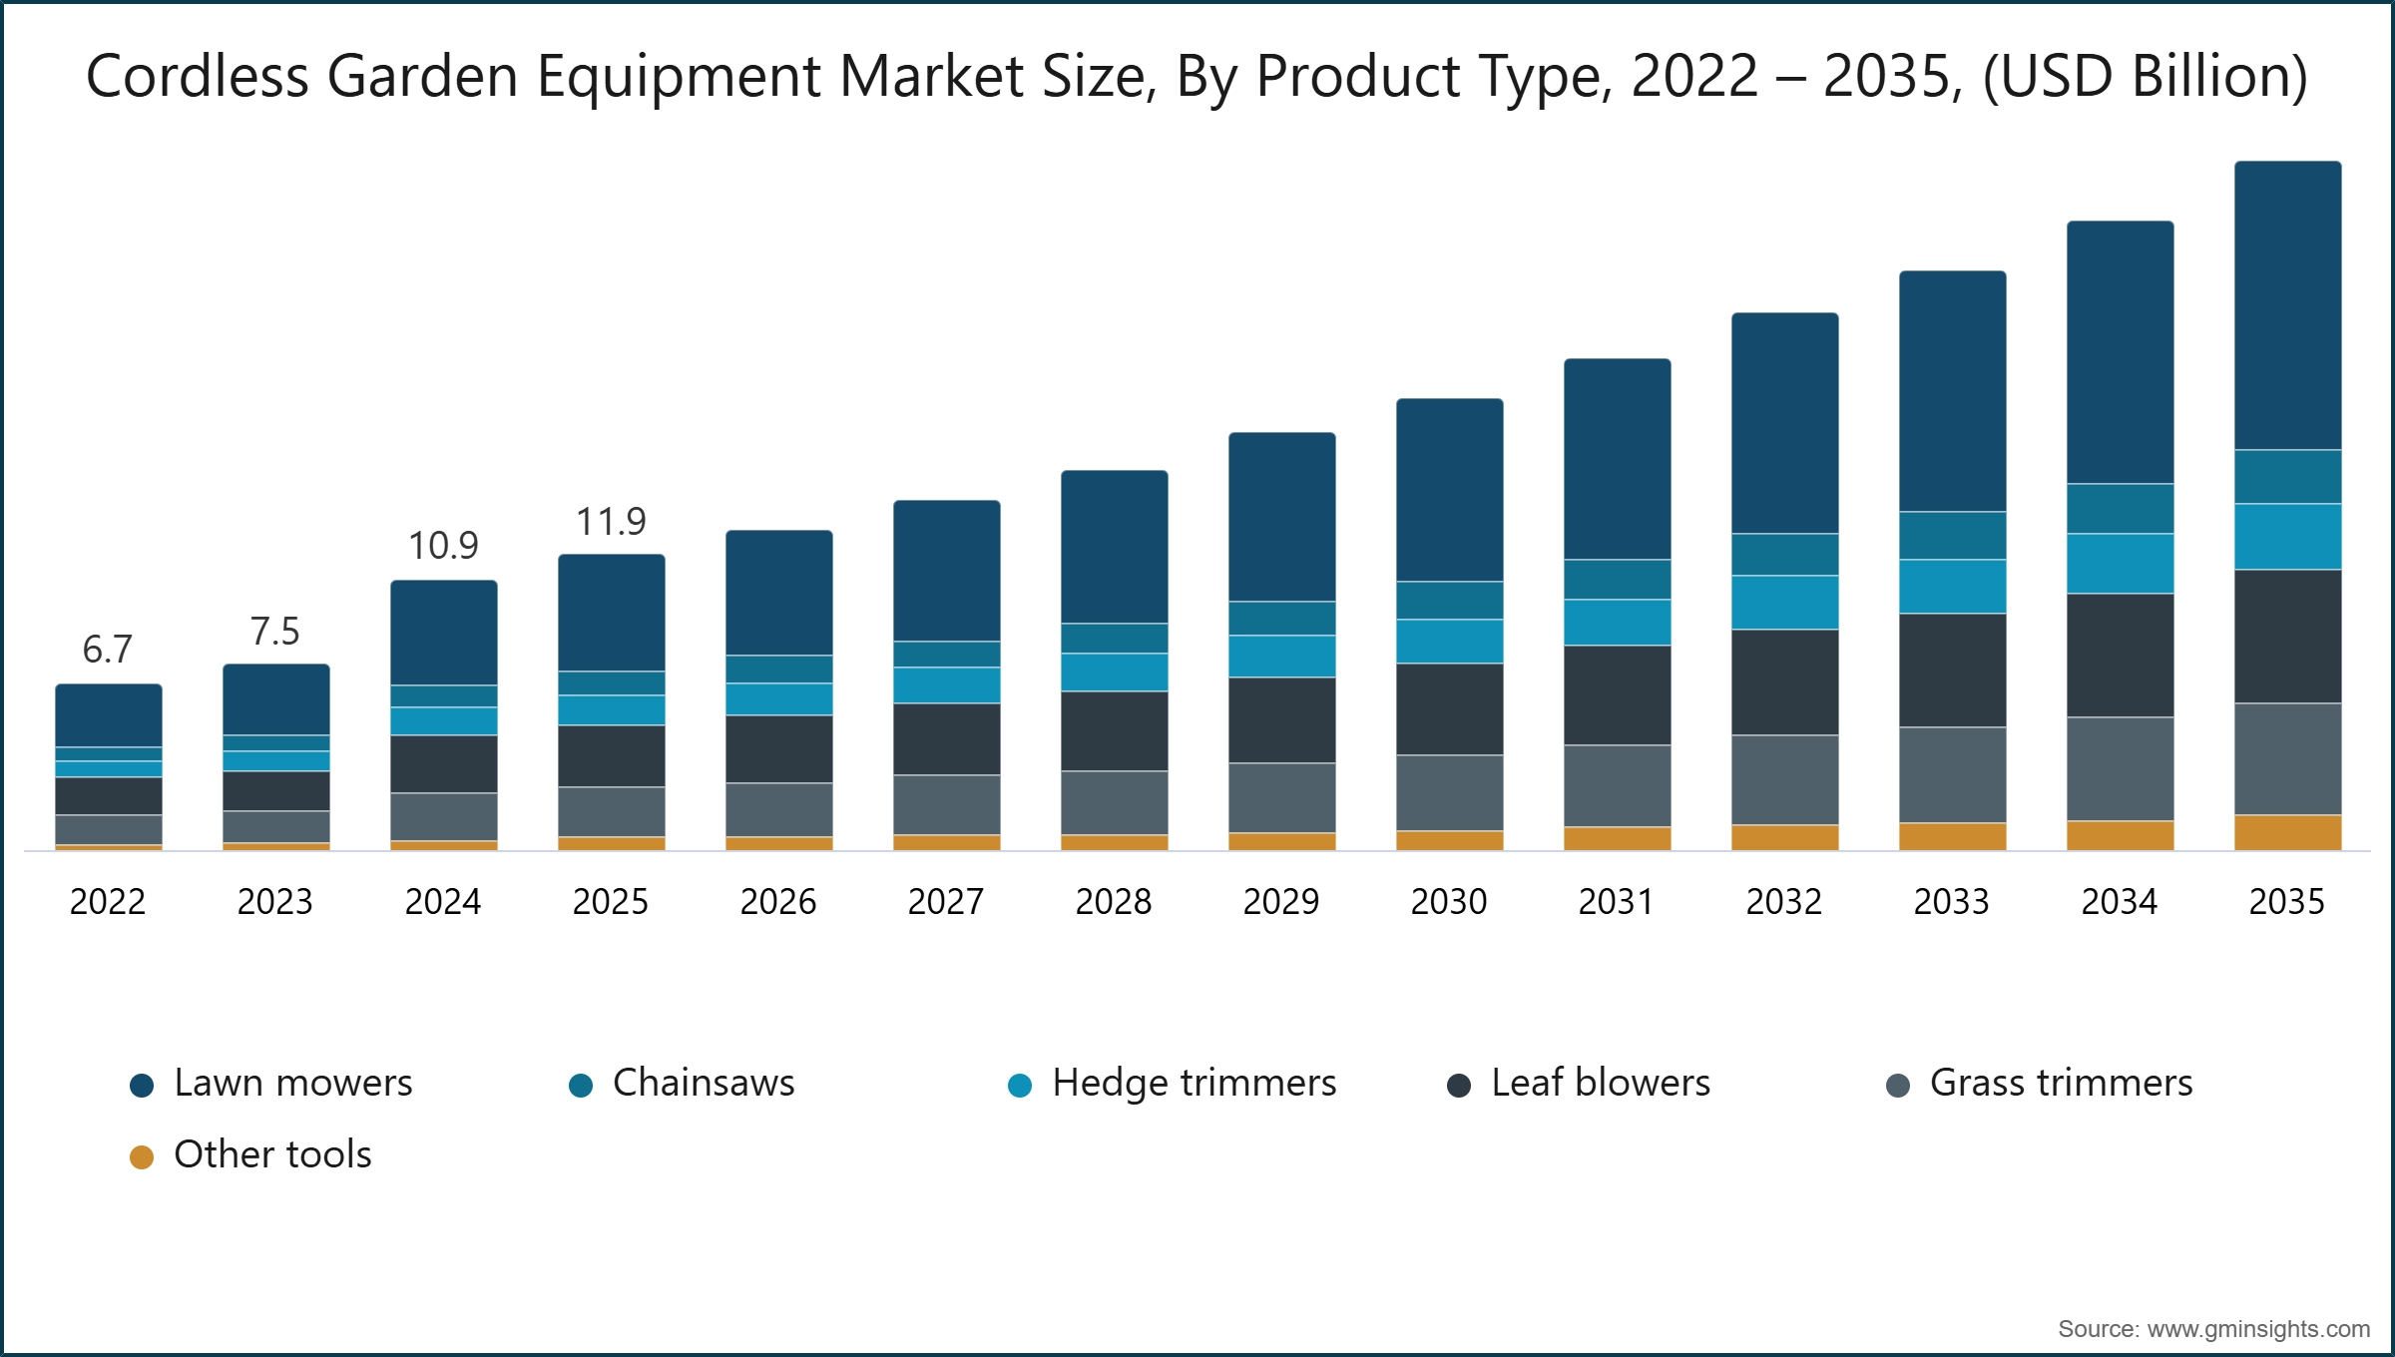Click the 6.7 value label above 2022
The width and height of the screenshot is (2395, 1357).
pyautogui.click(x=107, y=650)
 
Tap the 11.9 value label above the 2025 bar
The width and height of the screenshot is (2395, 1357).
pyautogui.click(x=611, y=522)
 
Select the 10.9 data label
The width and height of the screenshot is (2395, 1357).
pyautogui.click(x=443, y=546)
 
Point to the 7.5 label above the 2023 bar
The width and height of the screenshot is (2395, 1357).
pyautogui.click(x=274, y=632)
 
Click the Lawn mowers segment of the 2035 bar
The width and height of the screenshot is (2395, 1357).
pyautogui.click(x=2287, y=304)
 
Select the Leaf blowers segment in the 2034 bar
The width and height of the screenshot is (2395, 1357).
pyautogui.click(x=2120, y=655)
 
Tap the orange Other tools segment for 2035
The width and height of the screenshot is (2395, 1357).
pyautogui.click(x=2287, y=832)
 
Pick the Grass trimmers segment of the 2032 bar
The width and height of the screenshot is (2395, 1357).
pyautogui.click(x=1784, y=779)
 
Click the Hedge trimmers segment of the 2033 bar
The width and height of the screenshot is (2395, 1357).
pyautogui.click(x=1952, y=586)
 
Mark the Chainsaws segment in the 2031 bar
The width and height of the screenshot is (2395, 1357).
pyautogui.click(x=1617, y=579)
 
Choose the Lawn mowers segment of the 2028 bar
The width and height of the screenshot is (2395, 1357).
pyautogui.click(x=1114, y=547)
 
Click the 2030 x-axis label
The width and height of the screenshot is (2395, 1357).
pyautogui.click(x=1448, y=902)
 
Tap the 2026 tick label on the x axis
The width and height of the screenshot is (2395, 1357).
pyautogui.click(x=777, y=902)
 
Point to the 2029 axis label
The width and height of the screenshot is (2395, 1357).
pyautogui.click(x=1280, y=902)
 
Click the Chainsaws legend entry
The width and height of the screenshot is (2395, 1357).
pyautogui.click(x=703, y=1084)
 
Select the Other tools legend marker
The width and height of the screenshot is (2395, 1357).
pyautogui.click(x=142, y=1156)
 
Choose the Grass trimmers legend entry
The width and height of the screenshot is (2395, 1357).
pyautogui.click(x=2061, y=1084)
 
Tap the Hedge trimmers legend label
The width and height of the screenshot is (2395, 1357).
pyautogui.click(x=1194, y=1084)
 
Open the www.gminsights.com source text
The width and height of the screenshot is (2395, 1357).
pyautogui.click(x=2257, y=1329)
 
